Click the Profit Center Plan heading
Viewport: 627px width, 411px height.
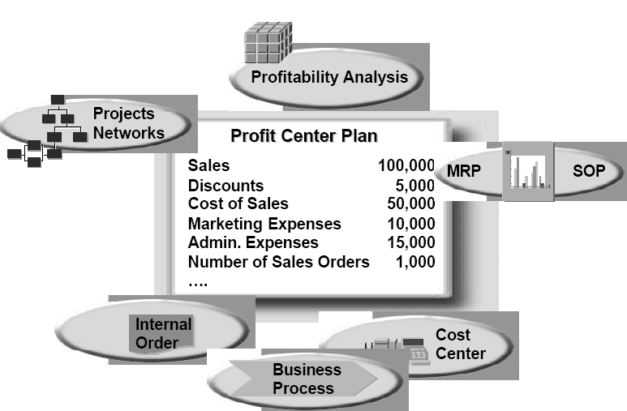point(304,136)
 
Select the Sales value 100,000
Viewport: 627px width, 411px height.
point(406,165)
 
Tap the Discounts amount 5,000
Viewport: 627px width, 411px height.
point(415,185)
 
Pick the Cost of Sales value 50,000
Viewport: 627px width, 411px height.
point(411,203)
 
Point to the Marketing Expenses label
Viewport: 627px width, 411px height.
point(264,224)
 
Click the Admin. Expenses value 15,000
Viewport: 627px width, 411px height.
point(411,242)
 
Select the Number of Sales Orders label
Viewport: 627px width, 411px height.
point(279,262)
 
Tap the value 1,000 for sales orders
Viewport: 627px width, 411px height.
point(415,262)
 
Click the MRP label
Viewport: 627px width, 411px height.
point(463,171)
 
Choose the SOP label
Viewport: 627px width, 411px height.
point(589,171)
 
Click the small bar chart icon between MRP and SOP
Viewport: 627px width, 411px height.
point(528,171)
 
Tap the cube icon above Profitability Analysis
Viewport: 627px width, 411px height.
point(268,42)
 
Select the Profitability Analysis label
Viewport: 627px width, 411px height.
point(329,77)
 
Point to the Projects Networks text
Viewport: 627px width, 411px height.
point(129,123)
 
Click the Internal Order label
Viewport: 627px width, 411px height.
point(163,333)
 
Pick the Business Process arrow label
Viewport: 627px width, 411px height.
point(307,379)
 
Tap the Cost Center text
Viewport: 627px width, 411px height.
point(461,344)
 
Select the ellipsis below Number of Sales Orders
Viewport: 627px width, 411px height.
point(198,285)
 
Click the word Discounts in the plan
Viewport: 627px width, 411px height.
point(226,186)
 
